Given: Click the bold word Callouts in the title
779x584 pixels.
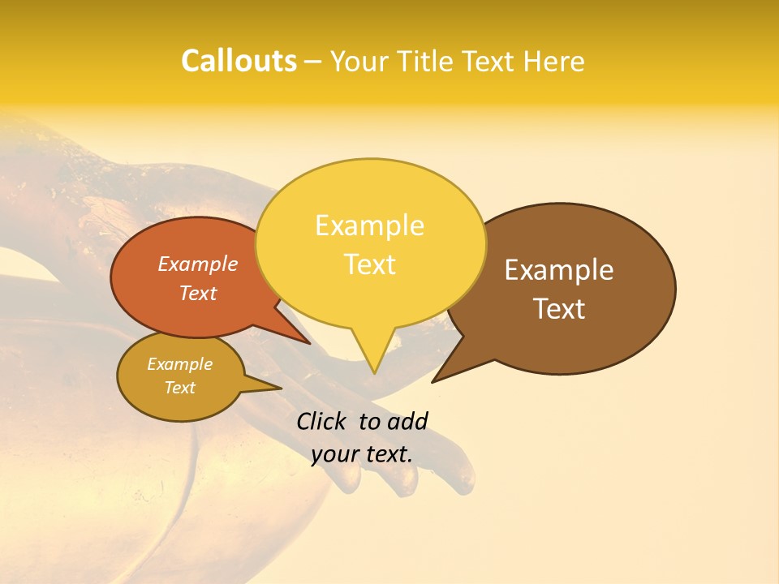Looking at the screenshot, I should (x=239, y=61).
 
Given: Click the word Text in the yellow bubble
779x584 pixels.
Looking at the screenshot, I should (x=369, y=264).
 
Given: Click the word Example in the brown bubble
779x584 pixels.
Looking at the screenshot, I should (x=559, y=270).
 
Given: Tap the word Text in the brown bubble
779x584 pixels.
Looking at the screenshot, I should (x=559, y=309).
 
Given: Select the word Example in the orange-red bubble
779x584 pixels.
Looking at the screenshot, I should (x=198, y=264).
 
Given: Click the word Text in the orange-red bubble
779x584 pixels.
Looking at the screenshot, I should (x=198, y=293).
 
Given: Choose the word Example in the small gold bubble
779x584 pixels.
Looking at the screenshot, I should (x=179, y=364).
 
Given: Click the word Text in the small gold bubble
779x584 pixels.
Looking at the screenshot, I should (x=179, y=388).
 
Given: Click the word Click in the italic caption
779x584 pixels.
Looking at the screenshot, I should (x=323, y=421).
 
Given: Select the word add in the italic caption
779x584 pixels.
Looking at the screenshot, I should (x=407, y=421).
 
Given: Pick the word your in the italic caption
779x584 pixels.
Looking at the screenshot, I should (x=334, y=454).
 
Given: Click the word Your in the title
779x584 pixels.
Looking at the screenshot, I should (x=359, y=62).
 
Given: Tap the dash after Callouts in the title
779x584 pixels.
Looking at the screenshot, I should (x=313, y=62).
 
